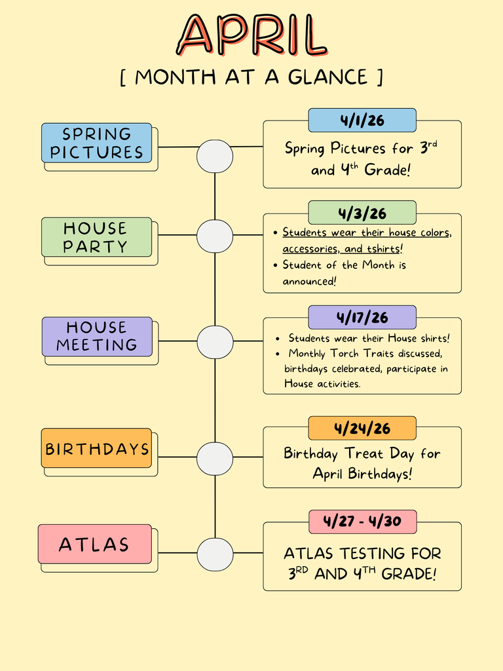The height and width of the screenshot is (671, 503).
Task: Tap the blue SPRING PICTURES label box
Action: pyautogui.click(x=97, y=143)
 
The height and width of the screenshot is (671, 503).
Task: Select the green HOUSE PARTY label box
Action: pyautogui.click(x=97, y=237)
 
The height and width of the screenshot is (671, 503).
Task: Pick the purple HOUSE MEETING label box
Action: pyautogui.click(x=97, y=336)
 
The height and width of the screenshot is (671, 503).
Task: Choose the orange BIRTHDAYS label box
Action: pyautogui.click(x=97, y=449)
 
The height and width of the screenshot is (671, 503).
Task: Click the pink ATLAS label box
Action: pyautogui.click(x=95, y=544)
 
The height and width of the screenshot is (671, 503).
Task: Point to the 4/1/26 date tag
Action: pyautogui.click(x=362, y=121)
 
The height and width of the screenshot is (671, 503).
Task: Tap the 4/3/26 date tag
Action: pyautogui.click(x=362, y=213)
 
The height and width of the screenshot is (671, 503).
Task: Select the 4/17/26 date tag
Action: pyautogui.click(x=362, y=317)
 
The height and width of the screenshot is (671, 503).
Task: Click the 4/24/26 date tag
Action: pyautogui.click(x=362, y=429)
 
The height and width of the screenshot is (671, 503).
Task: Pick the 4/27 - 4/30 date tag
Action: pyautogui.click(x=362, y=522)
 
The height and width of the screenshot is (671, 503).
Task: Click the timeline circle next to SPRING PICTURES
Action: pyautogui.click(x=215, y=157)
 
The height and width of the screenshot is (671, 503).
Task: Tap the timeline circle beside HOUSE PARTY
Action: pyautogui.click(x=215, y=237)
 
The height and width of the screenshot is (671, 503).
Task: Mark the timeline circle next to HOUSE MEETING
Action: pyautogui.click(x=215, y=342)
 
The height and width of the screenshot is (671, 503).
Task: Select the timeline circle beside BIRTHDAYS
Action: pyautogui.click(x=215, y=458)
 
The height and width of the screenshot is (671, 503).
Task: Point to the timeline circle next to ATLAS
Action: pyautogui.click(x=215, y=554)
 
